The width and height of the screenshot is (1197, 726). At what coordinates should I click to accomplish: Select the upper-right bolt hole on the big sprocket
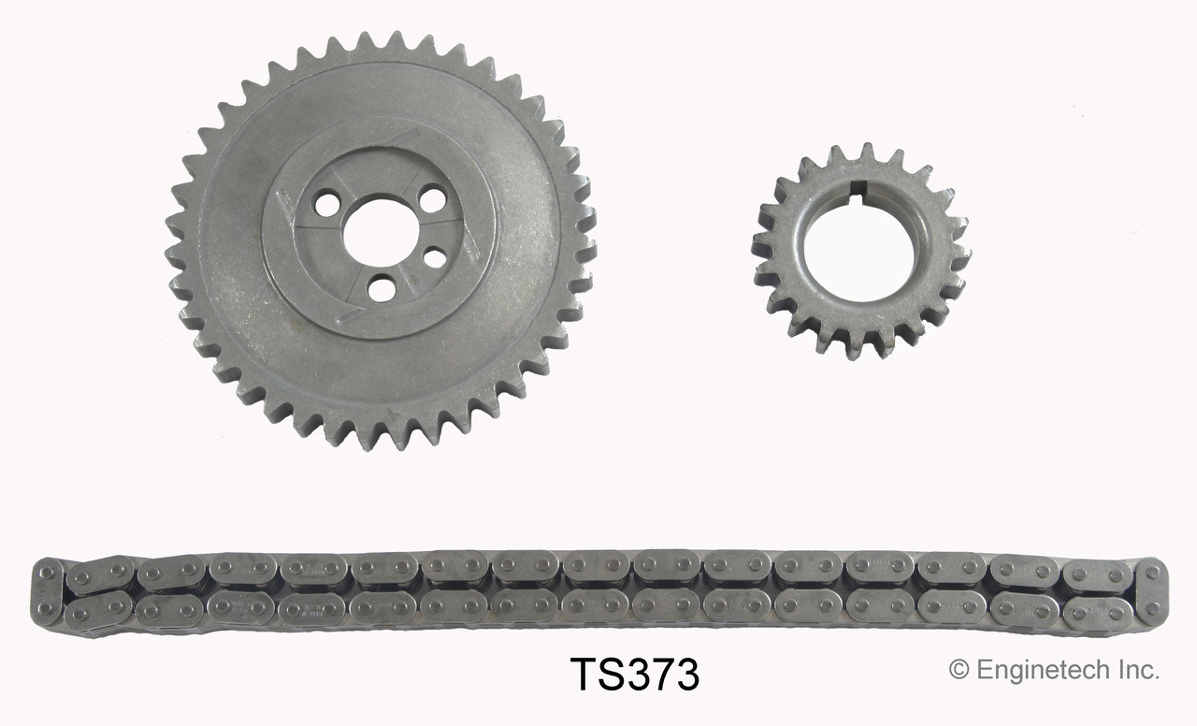(x=432, y=198)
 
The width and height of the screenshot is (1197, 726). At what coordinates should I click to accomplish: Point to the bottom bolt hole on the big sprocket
(x=382, y=288)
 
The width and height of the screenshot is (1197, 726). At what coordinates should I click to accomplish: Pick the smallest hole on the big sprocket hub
(x=435, y=256)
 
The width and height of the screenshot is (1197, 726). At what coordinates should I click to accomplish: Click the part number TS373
(x=635, y=675)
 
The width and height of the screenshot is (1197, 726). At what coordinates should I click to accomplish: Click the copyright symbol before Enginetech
(x=959, y=670)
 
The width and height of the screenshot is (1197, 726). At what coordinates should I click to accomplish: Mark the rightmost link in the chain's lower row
(x=1098, y=613)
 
